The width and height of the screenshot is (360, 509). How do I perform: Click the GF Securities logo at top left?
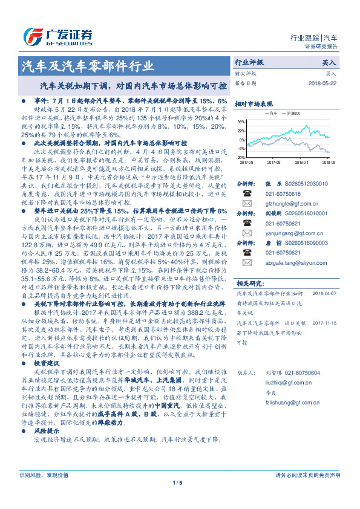click(57, 35)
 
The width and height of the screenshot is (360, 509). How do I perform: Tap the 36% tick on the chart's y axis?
click(241, 122)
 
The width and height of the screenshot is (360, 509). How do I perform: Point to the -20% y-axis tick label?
click(240, 157)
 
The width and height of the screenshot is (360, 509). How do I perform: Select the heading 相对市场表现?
click(254, 103)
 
